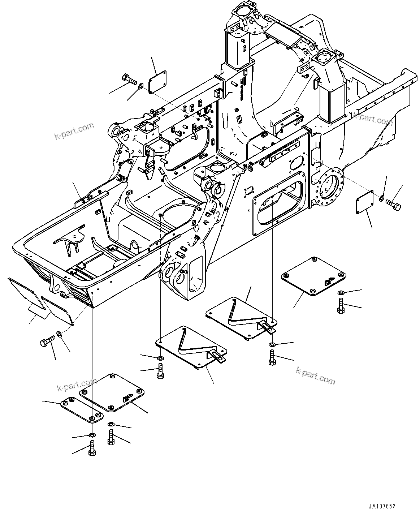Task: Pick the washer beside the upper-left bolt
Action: [x=141, y=86]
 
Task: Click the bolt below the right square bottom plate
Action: [x=341, y=305]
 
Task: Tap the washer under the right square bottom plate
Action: [x=341, y=292]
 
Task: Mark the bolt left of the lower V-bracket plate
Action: [x=160, y=371]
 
